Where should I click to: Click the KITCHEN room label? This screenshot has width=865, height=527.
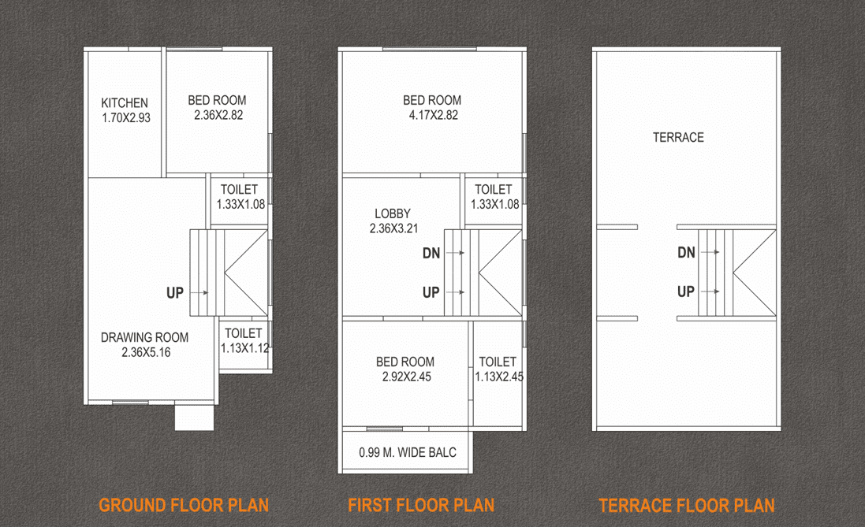coord(125,103)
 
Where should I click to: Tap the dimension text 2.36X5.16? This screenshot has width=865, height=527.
coord(146,352)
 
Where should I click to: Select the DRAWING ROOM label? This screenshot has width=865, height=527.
coord(144,338)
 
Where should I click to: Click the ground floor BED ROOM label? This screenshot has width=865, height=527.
coord(217,100)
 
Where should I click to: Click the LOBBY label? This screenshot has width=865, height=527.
coord(393,213)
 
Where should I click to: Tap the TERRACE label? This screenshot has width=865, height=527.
coord(678,137)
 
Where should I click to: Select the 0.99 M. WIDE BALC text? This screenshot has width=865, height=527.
coord(407,452)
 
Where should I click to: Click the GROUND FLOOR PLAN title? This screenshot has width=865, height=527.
coord(184,505)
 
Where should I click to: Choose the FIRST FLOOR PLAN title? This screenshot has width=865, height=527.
coord(421,505)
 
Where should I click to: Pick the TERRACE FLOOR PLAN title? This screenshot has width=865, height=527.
coord(687,505)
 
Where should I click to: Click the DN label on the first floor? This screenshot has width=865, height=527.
coord(431,253)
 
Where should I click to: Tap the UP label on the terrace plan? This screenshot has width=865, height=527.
coord(686,291)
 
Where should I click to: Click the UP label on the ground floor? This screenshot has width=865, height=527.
coord(175,293)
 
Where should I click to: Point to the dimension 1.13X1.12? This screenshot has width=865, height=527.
coord(245,347)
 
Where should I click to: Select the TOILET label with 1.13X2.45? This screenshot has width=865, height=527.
coord(498,362)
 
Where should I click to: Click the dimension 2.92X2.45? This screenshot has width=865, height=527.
coord(405,377)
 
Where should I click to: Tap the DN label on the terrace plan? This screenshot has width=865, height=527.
coord(686,252)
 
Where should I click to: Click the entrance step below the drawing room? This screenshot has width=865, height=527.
coord(194,418)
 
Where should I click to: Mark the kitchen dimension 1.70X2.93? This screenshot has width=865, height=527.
coord(126,117)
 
